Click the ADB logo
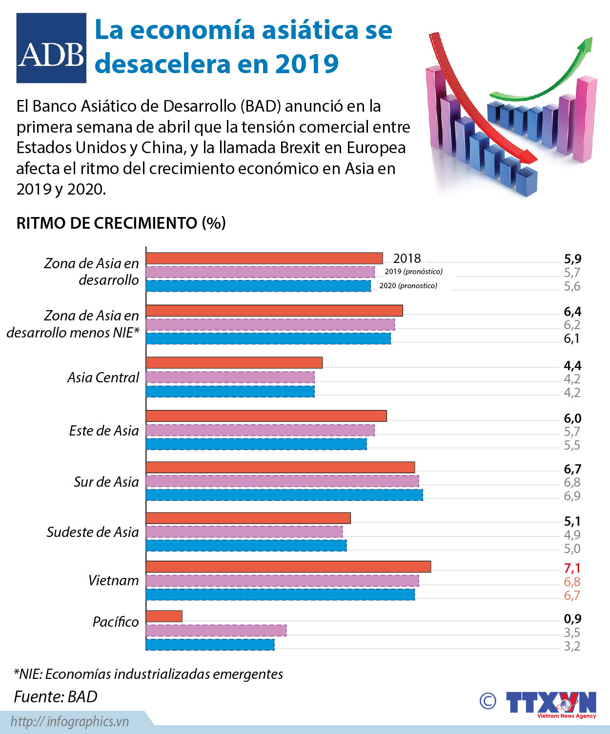click(x=51, y=48)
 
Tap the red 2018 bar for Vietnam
click(x=288, y=566)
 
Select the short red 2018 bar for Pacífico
click(x=164, y=616)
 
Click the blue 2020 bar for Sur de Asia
click(x=284, y=495)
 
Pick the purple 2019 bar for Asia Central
click(x=230, y=377)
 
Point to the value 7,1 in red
click(x=572, y=568)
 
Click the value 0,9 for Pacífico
click(x=572, y=619)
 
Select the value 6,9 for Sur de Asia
click(x=572, y=496)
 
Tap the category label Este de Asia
click(x=104, y=431)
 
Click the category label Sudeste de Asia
click(x=93, y=532)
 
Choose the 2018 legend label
click(x=407, y=258)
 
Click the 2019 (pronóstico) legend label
click(x=413, y=272)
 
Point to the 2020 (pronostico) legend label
click(x=408, y=286)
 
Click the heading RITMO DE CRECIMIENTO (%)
click(x=121, y=223)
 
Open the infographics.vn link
click(x=70, y=721)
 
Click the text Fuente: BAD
click(x=56, y=696)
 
